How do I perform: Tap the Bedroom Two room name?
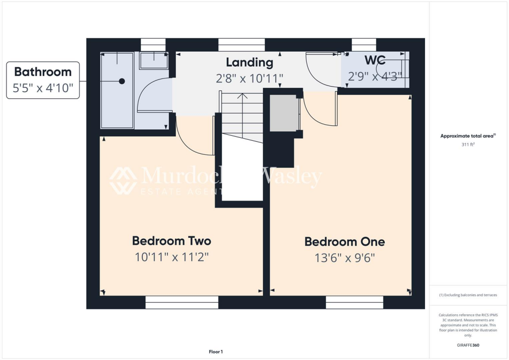171,241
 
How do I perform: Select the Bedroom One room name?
344,242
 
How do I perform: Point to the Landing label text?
250,63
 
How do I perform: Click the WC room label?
375,61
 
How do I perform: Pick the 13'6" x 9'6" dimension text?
344,258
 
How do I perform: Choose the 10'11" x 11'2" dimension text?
171,257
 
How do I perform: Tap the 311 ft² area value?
468,145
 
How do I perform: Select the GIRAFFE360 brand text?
468,345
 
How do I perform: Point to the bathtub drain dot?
122,81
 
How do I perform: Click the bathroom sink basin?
154,61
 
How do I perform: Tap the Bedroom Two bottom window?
182,302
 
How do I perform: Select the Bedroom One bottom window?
355,302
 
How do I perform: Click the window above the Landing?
242,45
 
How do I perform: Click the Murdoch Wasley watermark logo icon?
123,180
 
